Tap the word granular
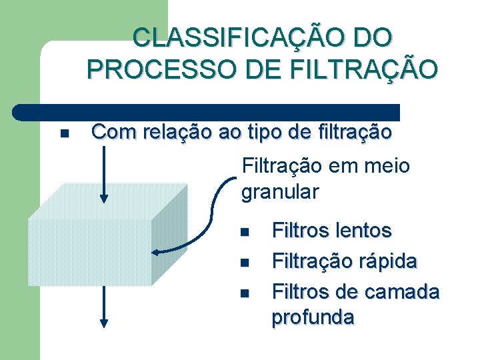click(x=280, y=192)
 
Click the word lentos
click(x=363, y=231)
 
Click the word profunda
click(x=313, y=317)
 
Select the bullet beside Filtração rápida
click(x=244, y=263)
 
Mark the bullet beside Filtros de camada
click(x=244, y=293)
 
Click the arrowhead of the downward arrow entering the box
click(x=104, y=197)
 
